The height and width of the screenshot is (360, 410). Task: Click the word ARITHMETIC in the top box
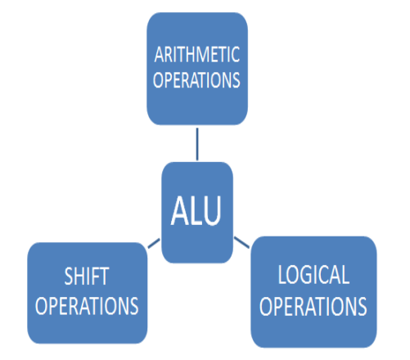pos(197,55)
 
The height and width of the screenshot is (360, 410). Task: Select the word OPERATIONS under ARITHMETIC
pos(196,80)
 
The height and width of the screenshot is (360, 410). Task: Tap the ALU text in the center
pos(196,210)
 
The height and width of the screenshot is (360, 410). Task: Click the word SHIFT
pos(87,277)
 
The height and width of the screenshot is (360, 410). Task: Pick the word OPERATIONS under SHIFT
pos(87,306)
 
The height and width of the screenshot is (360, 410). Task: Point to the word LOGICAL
pos(313,275)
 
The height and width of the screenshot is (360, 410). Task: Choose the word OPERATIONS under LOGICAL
pos(313,306)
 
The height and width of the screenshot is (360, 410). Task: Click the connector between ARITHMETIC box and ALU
pos(197,144)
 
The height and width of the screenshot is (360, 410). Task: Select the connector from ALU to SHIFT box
pos(154,244)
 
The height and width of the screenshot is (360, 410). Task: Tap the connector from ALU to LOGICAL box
pos(241,243)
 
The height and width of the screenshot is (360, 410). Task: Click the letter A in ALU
pos(179,211)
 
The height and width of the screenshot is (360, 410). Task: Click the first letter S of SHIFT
pos(69,277)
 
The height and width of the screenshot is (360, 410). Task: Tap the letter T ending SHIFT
pos(105,277)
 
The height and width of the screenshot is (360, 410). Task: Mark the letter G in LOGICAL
pos(304,275)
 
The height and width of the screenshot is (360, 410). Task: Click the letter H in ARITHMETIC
pos(187,55)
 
